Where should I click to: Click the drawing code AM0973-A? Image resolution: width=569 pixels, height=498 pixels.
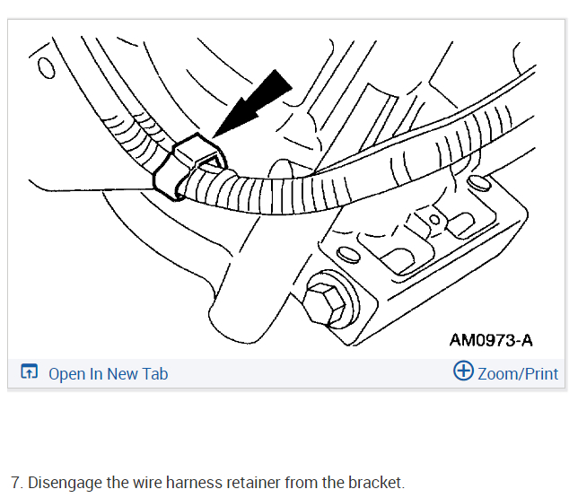[x=491, y=340]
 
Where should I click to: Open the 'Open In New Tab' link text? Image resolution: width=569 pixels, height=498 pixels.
[x=108, y=374]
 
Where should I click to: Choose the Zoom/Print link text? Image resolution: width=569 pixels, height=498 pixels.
[x=518, y=374]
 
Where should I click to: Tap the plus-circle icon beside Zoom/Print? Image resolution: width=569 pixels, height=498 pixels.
[x=463, y=372]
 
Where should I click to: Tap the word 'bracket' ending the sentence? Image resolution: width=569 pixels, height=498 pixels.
[x=374, y=483]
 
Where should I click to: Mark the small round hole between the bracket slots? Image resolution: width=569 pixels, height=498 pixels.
[x=434, y=219]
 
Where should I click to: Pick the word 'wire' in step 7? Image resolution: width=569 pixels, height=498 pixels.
[x=148, y=483]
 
